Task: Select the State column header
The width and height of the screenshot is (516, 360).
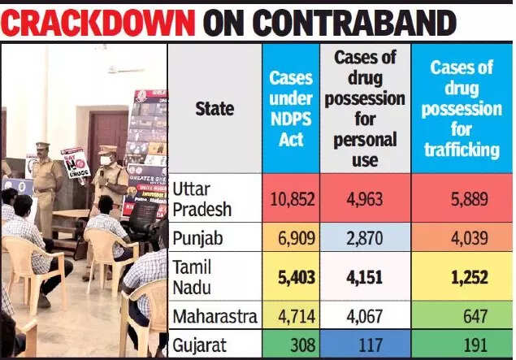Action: click(215, 108)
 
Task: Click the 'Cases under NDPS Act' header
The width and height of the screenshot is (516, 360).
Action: click(291, 108)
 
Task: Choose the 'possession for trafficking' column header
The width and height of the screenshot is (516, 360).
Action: click(462, 108)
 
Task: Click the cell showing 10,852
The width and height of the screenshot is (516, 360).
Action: click(291, 197)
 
